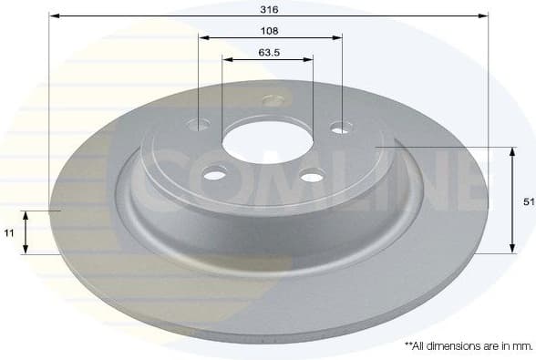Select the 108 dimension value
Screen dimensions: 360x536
click(269, 30)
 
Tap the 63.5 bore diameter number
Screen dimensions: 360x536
click(268, 52)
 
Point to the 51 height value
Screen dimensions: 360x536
click(529, 203)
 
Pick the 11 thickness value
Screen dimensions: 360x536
click(9, 233)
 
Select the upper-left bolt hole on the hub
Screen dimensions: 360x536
click(199, 124)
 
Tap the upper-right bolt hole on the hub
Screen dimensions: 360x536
click(340, 129)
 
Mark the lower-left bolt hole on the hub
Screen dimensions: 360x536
click(216, 170)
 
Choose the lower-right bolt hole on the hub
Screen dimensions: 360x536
click(312, 175)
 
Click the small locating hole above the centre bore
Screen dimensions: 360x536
click(273, 100)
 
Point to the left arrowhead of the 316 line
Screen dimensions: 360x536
click(53, 15)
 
